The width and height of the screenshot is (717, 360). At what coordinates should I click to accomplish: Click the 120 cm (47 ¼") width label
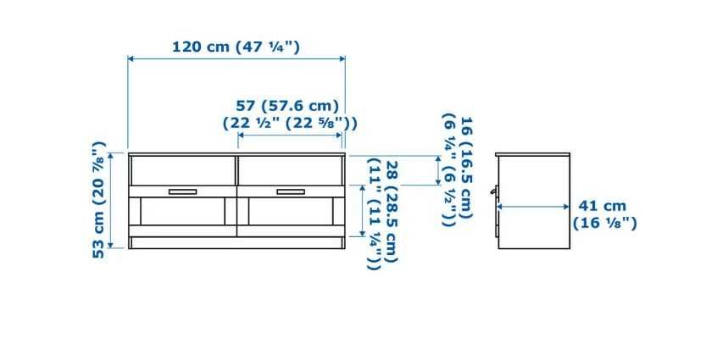(236, 47)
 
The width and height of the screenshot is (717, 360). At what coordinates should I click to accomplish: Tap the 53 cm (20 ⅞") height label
(99, 200)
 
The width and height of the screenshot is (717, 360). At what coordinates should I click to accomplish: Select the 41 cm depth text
(602, 206)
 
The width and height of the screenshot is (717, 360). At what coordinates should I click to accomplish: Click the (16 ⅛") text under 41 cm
(604, 224)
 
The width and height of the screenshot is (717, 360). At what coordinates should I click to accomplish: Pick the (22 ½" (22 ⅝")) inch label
(289, 123)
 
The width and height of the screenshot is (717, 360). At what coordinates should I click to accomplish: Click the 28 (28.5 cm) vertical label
(391, 212)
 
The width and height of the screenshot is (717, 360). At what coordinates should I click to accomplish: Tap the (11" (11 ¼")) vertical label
(373, 213)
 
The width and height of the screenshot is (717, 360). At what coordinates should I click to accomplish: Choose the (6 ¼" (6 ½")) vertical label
(447, 169)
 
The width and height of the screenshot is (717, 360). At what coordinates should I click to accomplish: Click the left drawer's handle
(181, 191)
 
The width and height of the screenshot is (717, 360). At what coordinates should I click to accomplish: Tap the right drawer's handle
(290, 191)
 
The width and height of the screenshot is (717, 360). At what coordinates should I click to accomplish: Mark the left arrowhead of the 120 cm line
(131, 58)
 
